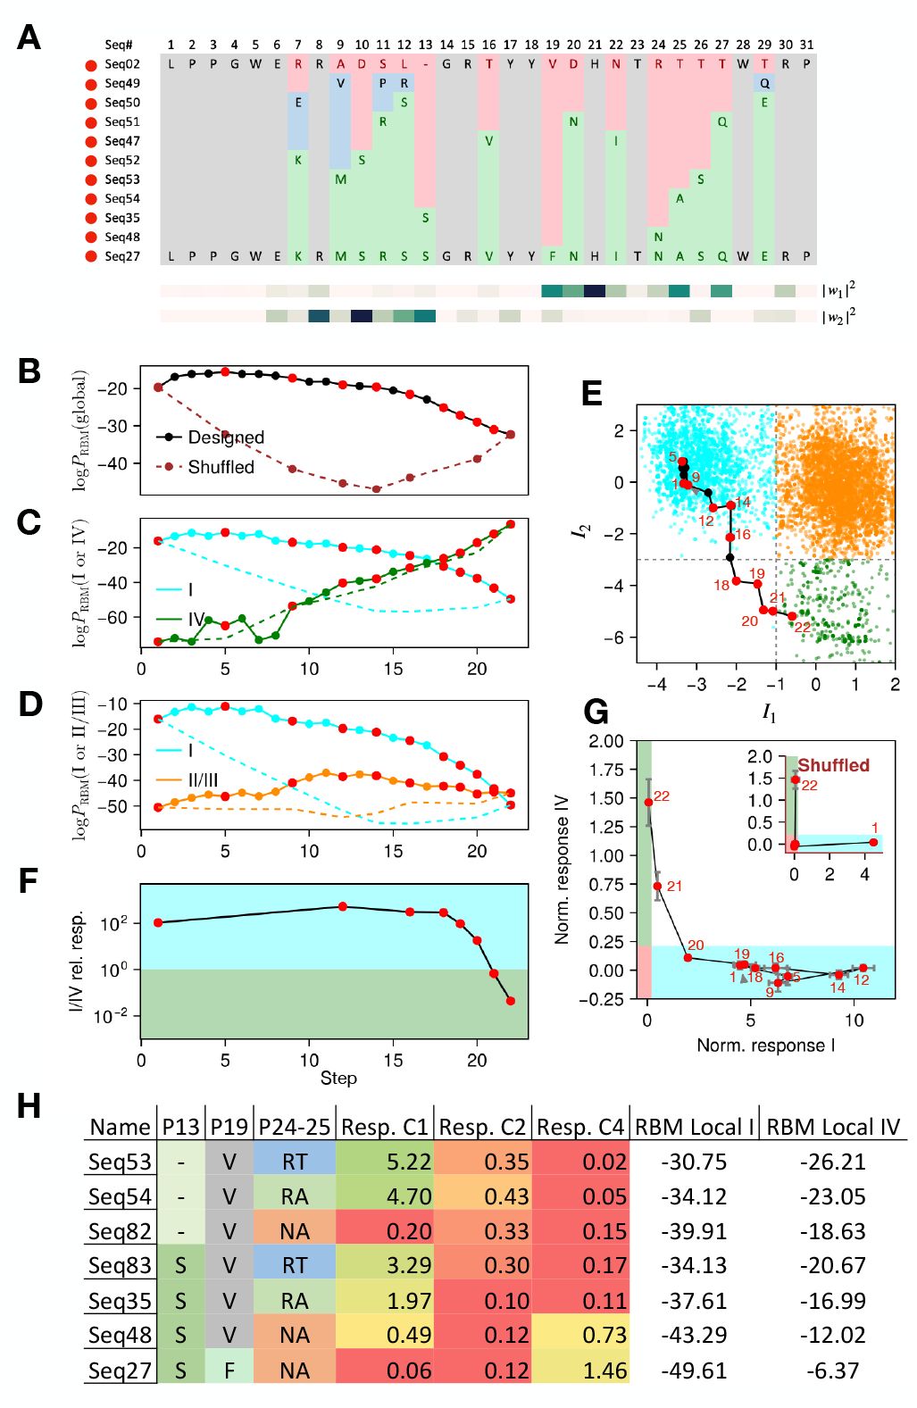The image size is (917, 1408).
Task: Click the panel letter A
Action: (29, 37)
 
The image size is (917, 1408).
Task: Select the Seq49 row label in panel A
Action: (121, 83)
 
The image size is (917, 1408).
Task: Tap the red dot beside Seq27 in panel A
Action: (90, 257)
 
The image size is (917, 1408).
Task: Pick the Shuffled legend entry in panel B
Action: (220, 467)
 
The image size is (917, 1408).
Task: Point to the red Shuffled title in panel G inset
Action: (833, 765)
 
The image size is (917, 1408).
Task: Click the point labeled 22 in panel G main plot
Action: (648, 802)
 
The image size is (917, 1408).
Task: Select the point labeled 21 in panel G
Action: (658, 887)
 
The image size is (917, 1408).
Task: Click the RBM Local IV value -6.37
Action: (832, 1370)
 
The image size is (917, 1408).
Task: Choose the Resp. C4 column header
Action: (580, 1127)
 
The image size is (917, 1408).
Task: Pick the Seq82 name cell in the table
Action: (120, 1231)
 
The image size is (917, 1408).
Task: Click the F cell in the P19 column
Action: (229, 1370)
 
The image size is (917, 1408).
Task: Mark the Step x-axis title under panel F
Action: (338, 1078)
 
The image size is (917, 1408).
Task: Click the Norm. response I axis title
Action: (765, 1046)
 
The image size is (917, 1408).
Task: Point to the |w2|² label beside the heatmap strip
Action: (838, 317)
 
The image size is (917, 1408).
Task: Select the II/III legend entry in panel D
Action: (202, 780)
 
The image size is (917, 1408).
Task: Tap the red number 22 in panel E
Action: (802, 627)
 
